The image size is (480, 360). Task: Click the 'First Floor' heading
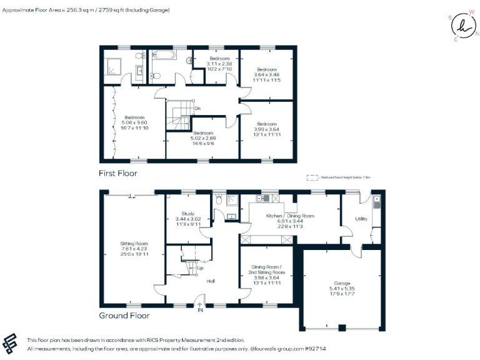click(x=118, y=173)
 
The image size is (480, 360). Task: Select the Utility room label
click(x=361, y=219)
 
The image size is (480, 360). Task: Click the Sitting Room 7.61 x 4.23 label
click(x=134, y=246)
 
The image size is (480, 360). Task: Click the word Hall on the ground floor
click(x=211, y=281)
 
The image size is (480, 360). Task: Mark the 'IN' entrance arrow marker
click(x=201, y=307)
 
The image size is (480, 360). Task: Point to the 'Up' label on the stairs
click(x=200, y=268)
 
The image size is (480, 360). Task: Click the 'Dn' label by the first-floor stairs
click(x=197, y=108)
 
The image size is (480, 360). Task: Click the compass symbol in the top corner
click(x=462, y=26)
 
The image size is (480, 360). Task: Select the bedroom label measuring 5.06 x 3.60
click(x=134, y=121)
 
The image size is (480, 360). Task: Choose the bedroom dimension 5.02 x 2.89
click(x=203, y=140)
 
